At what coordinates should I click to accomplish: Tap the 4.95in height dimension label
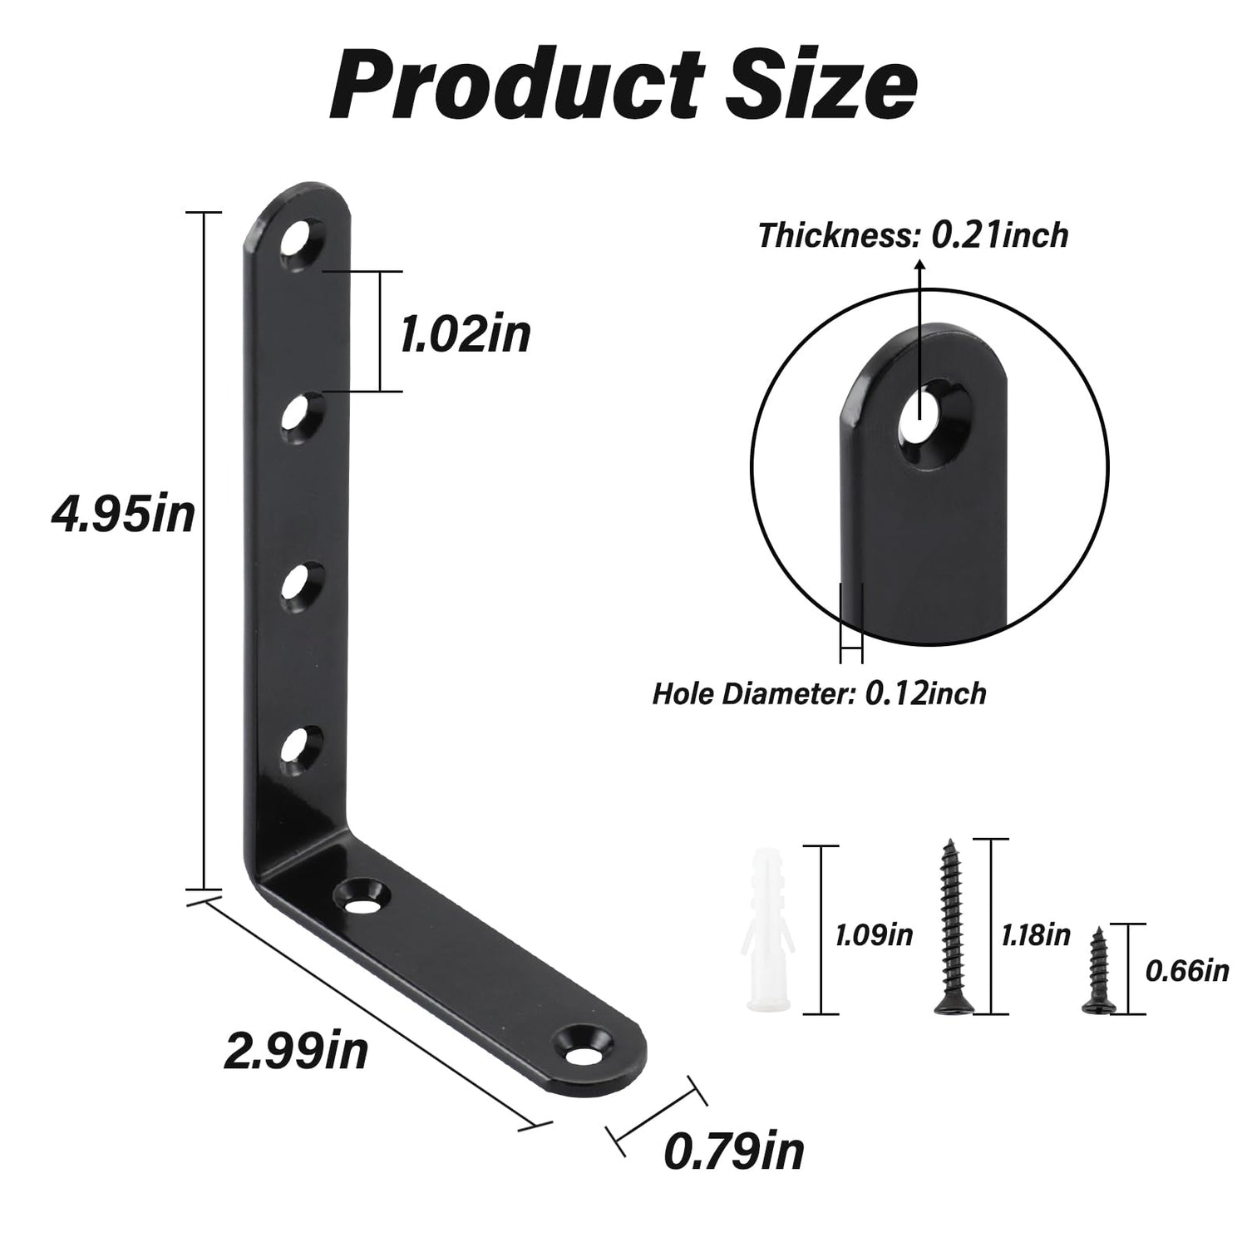click(x=123, y=515)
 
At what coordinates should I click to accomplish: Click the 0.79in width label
click(x=734, y=1151)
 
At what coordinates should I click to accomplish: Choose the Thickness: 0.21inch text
click(x=913, y=236)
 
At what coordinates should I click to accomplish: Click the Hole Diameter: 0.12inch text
click(x=819, y=693)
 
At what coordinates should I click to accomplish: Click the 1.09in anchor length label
click(x=874, y=935)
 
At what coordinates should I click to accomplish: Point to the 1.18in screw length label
click(x=1034, y=935)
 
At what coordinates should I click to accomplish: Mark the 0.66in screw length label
click(x=1186, y=969)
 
